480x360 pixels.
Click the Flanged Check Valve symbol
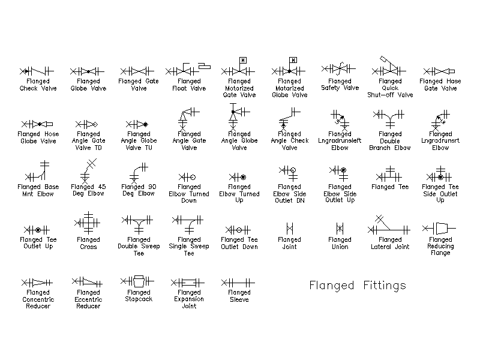37,71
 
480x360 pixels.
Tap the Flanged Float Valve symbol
188,70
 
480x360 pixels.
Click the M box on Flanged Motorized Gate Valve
243,60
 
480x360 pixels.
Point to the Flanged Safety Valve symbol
338,68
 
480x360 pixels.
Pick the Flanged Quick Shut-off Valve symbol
389,66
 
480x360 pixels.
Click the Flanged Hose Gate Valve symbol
439,71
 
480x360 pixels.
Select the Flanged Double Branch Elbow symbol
389,119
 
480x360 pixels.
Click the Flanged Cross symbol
88,223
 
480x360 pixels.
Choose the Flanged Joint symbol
290,229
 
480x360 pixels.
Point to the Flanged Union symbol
340,229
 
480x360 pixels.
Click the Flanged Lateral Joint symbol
389,225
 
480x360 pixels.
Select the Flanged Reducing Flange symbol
439,229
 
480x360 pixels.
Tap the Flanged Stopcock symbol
137,281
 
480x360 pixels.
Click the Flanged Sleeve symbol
238,283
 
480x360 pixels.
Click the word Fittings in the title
385,286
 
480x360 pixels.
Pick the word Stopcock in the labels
139,299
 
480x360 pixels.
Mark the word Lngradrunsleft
340,141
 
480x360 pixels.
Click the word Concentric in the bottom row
38,299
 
